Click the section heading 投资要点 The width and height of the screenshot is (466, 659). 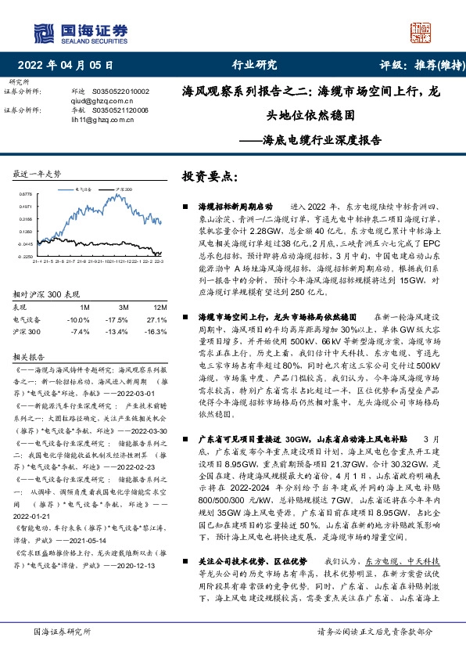coord(209,177)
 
